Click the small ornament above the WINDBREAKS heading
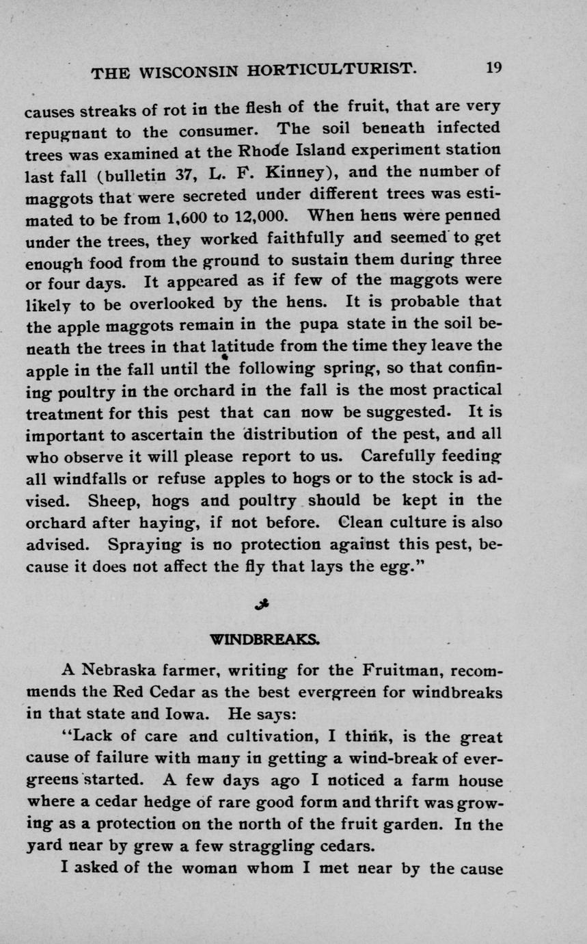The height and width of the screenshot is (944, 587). click(260, 603)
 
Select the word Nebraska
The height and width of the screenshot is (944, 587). click(124, 670)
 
